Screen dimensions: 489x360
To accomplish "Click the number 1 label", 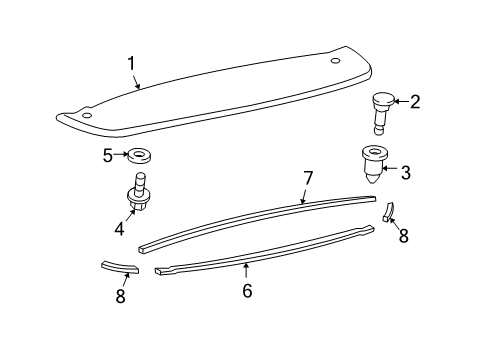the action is (130, 65).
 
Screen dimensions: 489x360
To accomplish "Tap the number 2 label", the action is (415, 101).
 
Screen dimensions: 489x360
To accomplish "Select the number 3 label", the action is (406, 172).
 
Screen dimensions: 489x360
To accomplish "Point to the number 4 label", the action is (118, 228).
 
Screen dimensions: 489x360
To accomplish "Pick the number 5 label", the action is (107, 155).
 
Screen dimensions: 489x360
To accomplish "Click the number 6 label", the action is (247, 291).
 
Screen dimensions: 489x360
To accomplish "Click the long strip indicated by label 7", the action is (250, 221).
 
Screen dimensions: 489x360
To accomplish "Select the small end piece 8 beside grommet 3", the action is (388, 212).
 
